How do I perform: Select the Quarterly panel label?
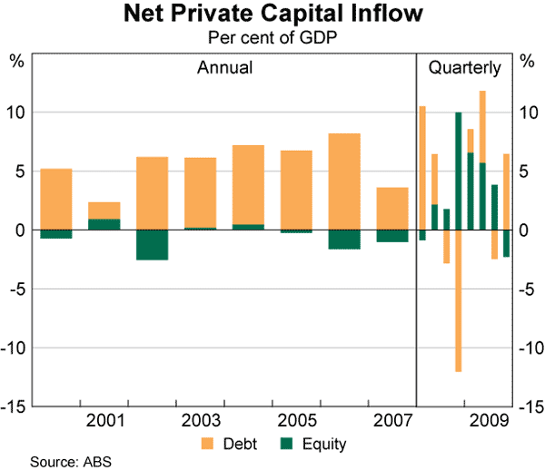(x=464, y=68)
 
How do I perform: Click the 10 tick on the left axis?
(x=17, y=113)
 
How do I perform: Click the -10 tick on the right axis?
(x=527, y=348)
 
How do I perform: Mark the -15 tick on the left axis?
(x=15, y=407)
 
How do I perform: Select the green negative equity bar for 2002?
(x=153, y=245)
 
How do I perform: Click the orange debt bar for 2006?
(x=344, y=181)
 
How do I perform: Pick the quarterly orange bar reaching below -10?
(x=459, y=299)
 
